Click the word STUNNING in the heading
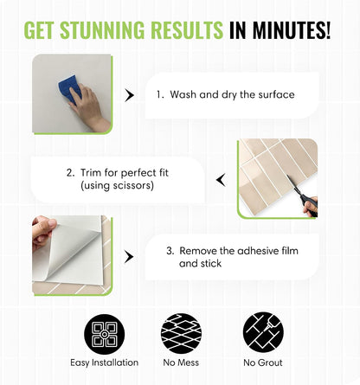(103, 30)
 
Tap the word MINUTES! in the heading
(291, 30)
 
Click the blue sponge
(69, 88)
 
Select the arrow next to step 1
(129, 95)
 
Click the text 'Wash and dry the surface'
(232, 94)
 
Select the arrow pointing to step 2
(221, 180)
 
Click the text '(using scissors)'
(117, 185)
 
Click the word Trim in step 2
(91, 173)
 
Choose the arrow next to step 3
(129, 256)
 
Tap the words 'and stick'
(200, 263)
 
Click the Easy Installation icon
(105, 334)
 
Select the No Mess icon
(181, 334)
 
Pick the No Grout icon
(263, 332)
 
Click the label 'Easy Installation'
(105, 363)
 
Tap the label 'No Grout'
(263, 363)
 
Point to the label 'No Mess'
(181, 363)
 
